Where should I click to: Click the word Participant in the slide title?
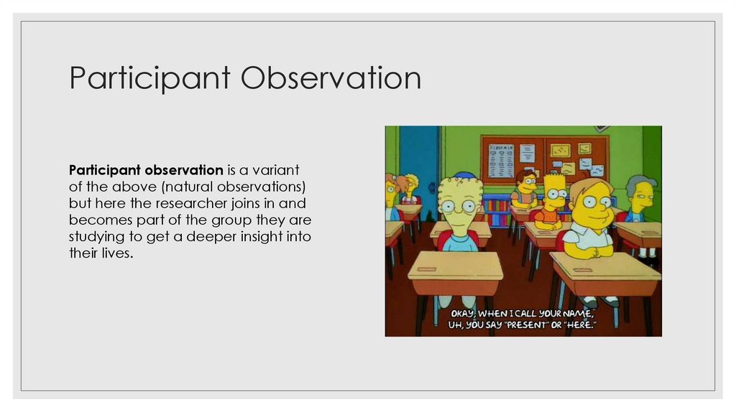coord(149,79)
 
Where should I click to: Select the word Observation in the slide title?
coord(331,79)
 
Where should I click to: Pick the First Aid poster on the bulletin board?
coord(501,160)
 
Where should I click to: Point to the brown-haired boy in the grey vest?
coord(525,190)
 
